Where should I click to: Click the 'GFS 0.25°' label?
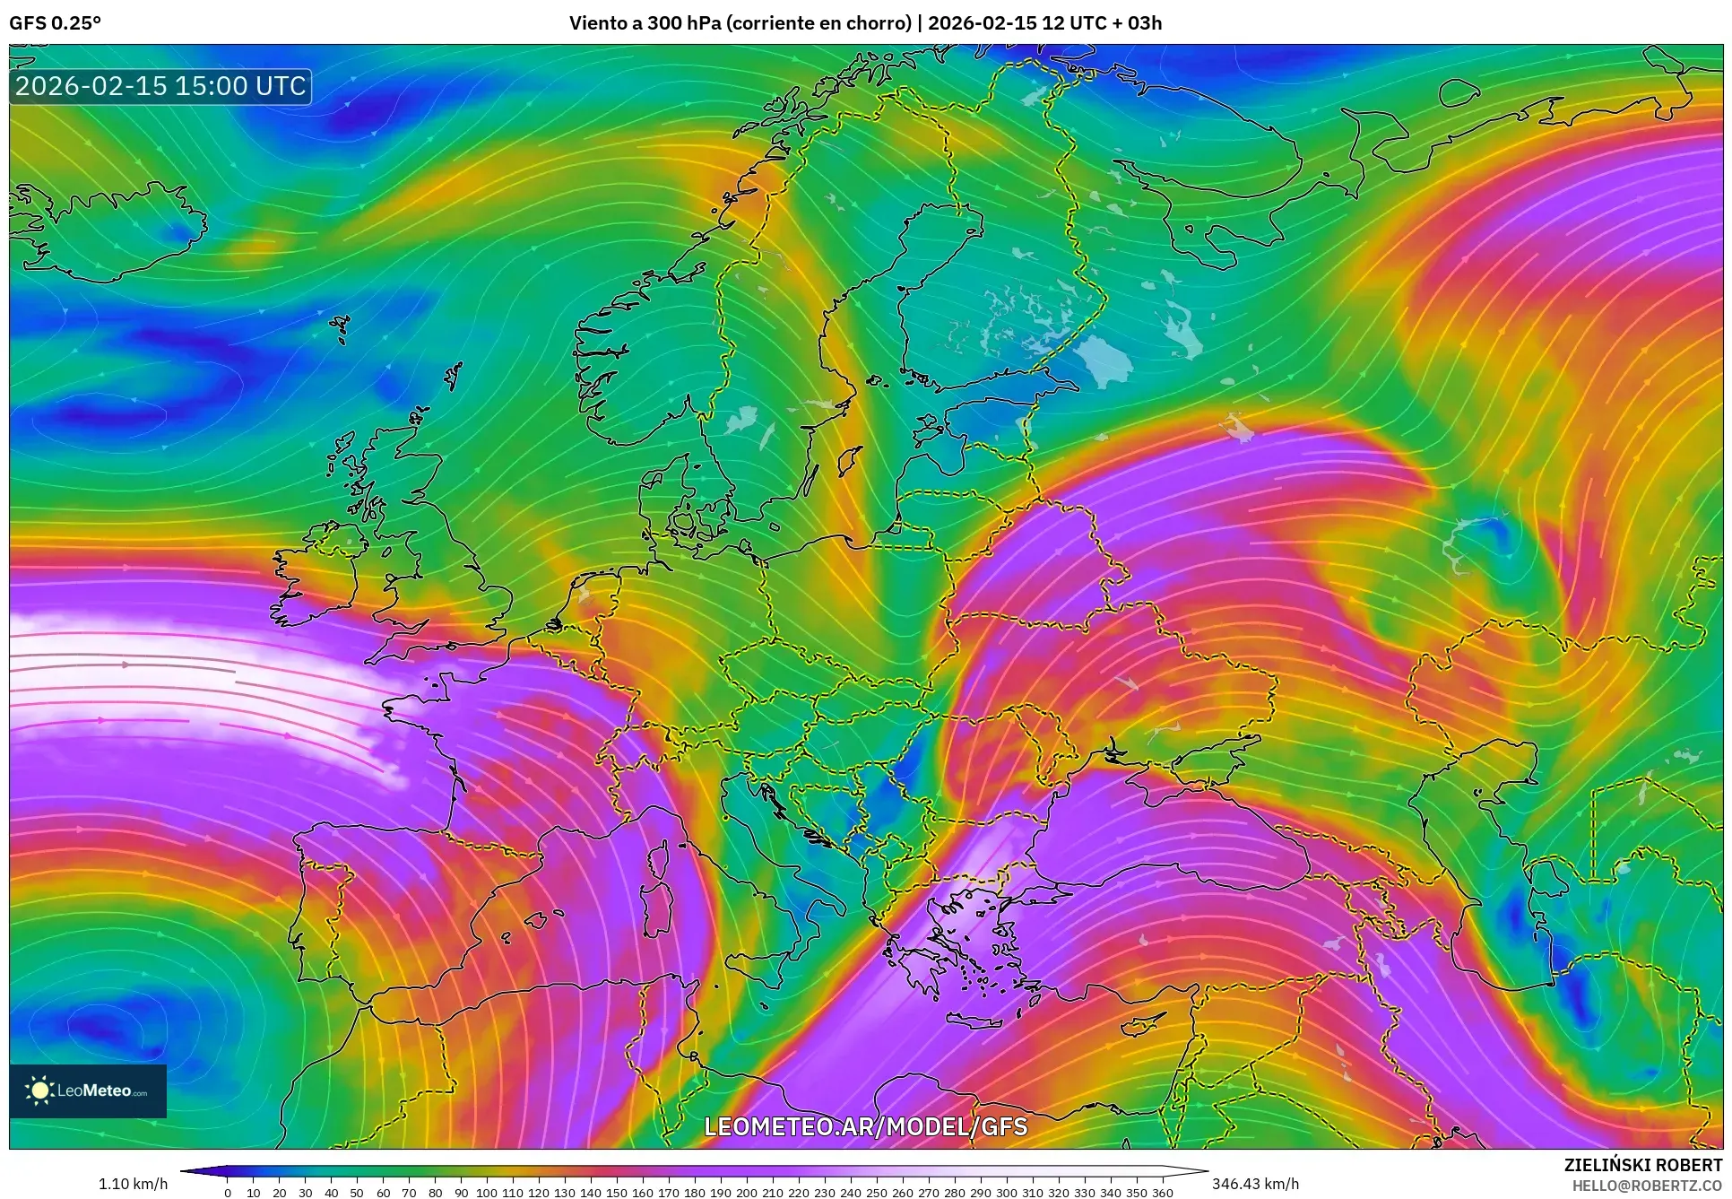pos(55,23)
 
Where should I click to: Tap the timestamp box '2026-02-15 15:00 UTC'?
pos(160,86)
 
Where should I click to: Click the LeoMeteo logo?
pos(88,1090)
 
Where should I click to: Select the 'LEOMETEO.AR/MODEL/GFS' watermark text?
pos(865,1126)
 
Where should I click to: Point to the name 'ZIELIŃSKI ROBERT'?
pos(1642,1165)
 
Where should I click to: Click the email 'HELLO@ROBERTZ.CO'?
pos(1647,1186)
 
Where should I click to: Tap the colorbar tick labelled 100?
pos(486,1193)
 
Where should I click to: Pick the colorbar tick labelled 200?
pos(747,1193)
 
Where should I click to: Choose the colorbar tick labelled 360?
pos(1162,1193)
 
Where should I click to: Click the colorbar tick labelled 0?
pos(228,1193)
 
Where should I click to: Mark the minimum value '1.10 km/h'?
pos(133,1184)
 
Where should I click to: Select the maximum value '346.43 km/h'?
pos(1255,1184)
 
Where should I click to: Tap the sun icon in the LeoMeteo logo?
pos(40,1090)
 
